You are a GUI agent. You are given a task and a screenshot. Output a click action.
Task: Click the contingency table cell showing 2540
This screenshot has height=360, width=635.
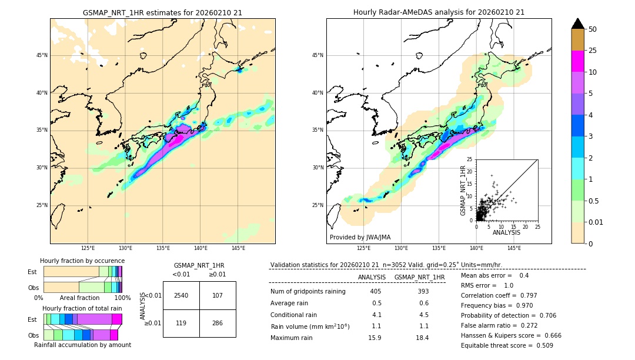pyautogui.click(x=181, y=295)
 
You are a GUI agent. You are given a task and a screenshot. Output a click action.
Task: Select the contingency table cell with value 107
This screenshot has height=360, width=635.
pyautogui.click(x=218, y=295)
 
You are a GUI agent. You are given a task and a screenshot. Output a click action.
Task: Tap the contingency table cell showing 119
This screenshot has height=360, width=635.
pyautogui.click(x=181, y=323)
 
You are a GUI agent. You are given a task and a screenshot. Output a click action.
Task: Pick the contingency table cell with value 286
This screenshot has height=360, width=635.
pyautogui.click(x=218, y=323)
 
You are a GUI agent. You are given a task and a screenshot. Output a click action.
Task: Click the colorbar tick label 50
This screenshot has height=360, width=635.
pyautogui.click(x=593, y=29)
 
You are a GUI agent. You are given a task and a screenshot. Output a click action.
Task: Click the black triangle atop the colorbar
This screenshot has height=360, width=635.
pyautogui.click(x=578, y=24)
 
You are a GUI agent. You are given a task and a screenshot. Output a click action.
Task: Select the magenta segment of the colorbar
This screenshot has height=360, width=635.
pyautogui.click(x=578, y=61)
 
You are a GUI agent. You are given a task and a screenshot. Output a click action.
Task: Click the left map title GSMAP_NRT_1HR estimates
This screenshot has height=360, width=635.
pyautogui.click(x=162, y=12)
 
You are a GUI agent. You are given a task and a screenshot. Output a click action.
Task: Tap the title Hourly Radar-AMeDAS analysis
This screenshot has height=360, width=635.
pyautogui.click(x=439, y=12)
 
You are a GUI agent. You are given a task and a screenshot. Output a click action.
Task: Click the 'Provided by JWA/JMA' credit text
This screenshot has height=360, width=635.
pyautogui.click(x=360, y=238)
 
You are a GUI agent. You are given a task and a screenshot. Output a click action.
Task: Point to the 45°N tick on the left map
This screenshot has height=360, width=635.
pyautogui.click(x=42, y=55)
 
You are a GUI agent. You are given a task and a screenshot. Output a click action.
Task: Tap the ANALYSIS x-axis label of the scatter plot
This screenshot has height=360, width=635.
pyautogui.click(x=506, y=232)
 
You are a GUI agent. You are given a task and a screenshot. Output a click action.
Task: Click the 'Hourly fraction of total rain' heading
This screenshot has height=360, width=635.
pyautogui.click(x=82, y=308)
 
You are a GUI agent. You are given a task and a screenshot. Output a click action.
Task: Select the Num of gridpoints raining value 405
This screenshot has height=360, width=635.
pyautogui.click(x=376, y=291)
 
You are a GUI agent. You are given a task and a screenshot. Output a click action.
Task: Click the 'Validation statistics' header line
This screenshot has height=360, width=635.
pyautogui.click(x=386, y=265)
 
